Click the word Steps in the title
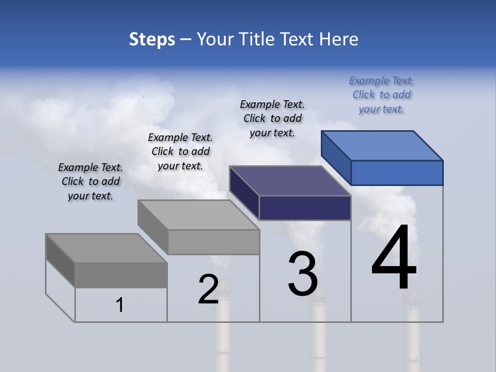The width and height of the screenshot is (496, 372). (x=152, y=39)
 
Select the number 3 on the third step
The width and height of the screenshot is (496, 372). (x=303, y=274)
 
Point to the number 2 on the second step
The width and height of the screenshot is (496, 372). (x=208, y=289)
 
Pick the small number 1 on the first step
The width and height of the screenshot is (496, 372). (x=120, y=305)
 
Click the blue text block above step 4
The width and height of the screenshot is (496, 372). (x=381, y=95)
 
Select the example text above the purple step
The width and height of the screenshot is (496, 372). (x=272, y=118)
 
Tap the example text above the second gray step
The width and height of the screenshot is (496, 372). (x=180, y=151)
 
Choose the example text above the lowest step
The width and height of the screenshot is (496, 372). (x=90, y=181)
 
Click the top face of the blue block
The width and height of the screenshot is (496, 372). (x=382, y=145)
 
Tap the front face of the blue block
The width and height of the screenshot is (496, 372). (x=397, y=173)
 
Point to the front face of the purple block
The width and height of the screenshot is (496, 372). (x=305, y=208)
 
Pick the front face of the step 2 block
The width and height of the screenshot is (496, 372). (x=213, y=242)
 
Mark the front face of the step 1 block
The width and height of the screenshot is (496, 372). (x=121, y=275)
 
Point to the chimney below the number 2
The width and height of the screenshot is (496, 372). (x=223, y=336)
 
